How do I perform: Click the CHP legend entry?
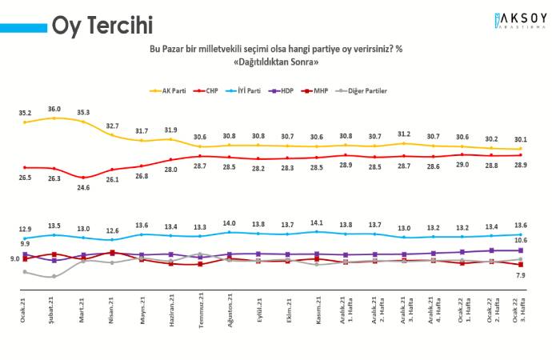(210, 91)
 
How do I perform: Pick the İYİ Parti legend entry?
(249, 91)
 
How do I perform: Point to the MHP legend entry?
(328, 91)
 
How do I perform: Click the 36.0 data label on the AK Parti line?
(54, 109)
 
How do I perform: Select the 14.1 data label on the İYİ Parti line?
(318, 223)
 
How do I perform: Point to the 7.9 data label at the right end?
(520, 275)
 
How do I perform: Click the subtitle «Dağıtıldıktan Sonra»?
(276, 62)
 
